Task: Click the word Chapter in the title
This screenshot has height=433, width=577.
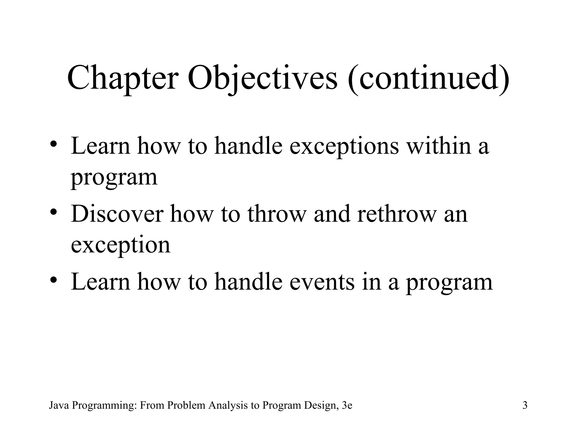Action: point(123,78)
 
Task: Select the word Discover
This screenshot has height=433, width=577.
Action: point(117,214)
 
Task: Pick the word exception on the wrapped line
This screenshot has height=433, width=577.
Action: point(120,245)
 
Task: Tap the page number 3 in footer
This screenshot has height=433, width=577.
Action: point(525,405)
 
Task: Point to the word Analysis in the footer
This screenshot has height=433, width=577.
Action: point(227,405)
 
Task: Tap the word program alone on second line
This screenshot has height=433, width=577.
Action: point(114,178)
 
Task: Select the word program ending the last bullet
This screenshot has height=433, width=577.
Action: point(449,283)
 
